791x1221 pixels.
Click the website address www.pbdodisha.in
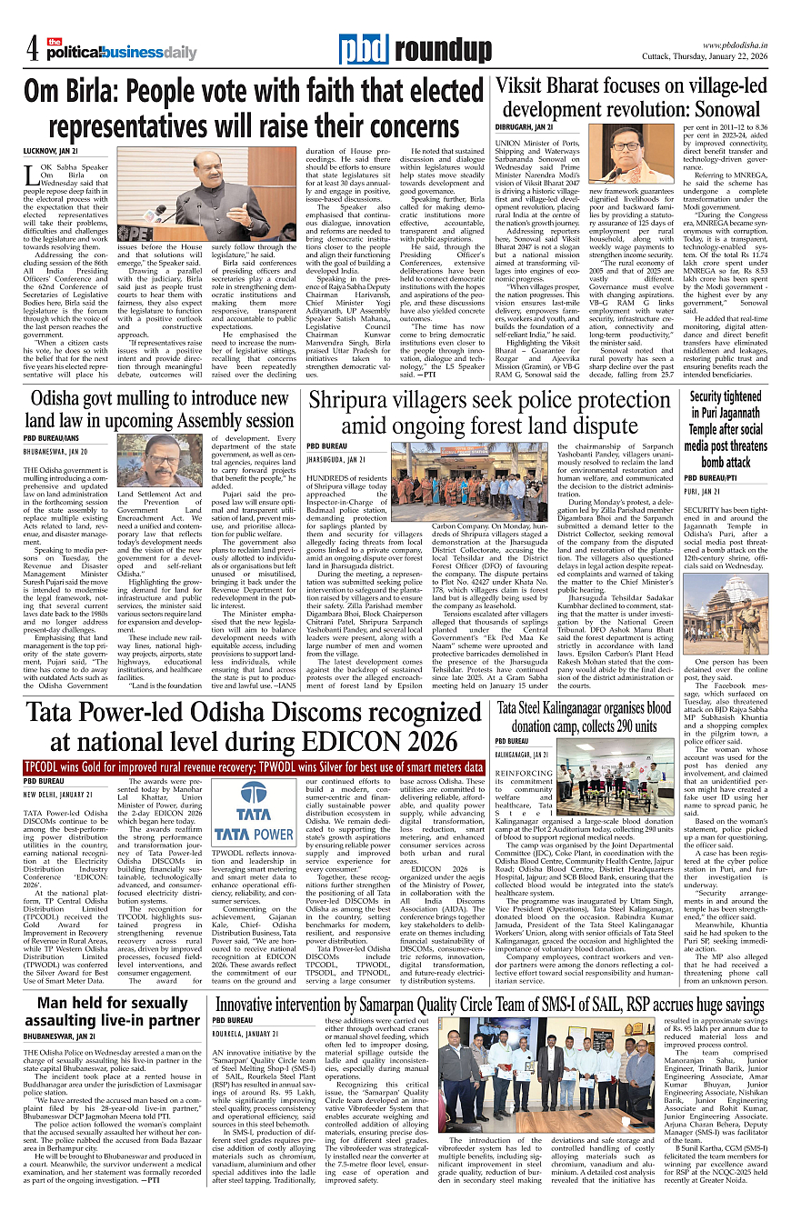point(739,45)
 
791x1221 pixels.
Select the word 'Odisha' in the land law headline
point(60,399)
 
